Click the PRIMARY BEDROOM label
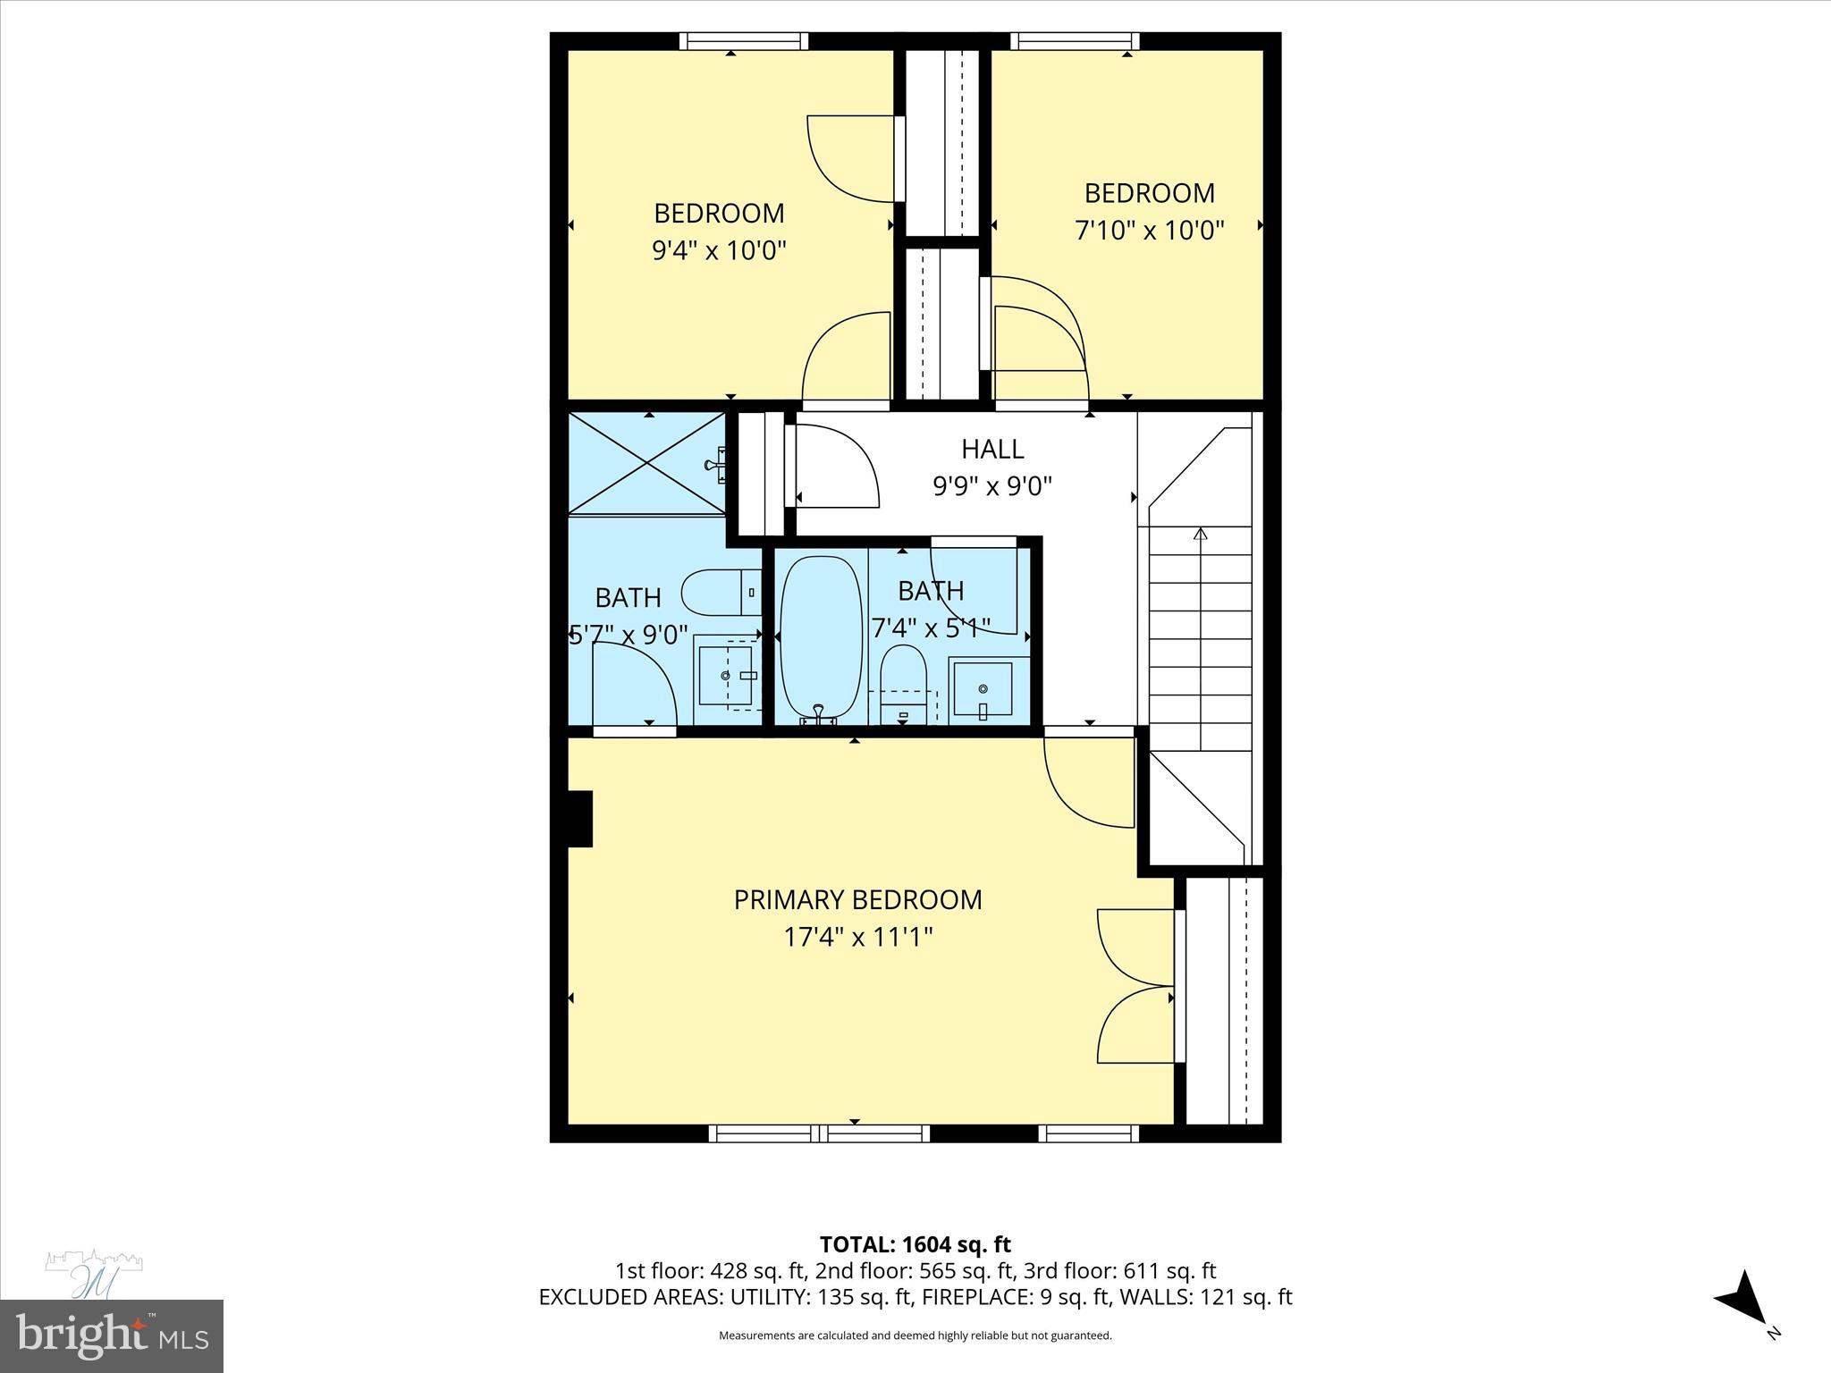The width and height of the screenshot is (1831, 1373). point(857,899)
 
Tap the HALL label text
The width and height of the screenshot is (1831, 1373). point(992,449)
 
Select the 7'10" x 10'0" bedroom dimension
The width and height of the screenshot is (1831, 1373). point(1149,231)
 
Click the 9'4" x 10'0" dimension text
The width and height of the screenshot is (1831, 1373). point(719,250)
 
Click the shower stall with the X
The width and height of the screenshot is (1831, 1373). point(647,463)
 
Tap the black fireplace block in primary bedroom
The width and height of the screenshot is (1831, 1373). point(579,818)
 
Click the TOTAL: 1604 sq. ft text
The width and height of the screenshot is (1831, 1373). point(915,1244)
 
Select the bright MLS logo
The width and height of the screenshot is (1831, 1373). point(111,1336)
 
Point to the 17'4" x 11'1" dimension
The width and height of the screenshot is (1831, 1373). point(857,937)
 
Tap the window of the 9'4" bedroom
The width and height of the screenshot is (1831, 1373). point(743,41)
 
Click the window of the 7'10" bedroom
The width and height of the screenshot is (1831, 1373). point(1075,41)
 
